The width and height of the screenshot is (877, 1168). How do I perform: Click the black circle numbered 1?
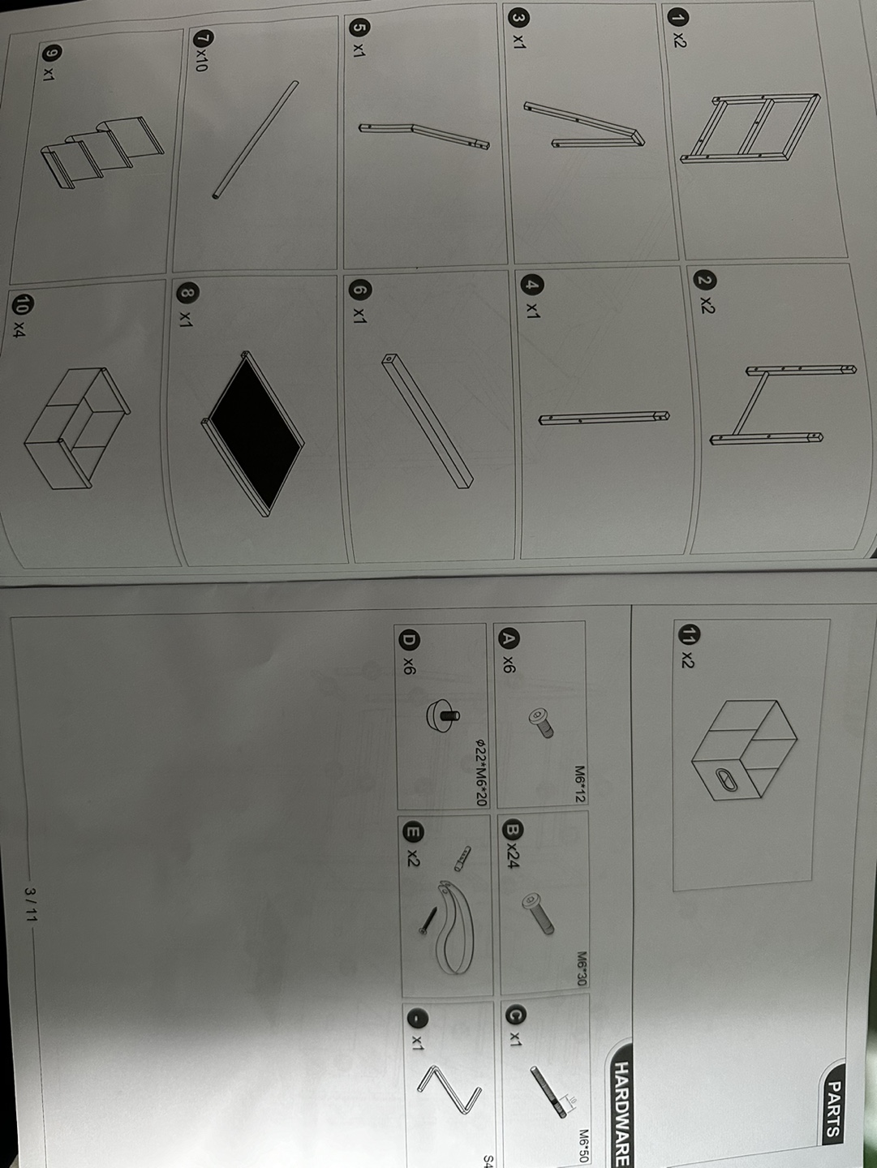pos(678,17)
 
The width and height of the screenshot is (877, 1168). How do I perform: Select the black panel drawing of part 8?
pos(257,435)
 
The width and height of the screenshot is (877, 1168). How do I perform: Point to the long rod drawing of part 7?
pos(256,140)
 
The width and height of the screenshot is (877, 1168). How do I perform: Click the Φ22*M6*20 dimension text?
pos(482,772)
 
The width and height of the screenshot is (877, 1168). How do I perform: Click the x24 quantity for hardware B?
pos(513,856)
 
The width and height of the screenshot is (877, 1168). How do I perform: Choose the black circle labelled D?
pos(409,641)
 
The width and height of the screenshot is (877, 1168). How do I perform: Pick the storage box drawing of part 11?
pos(745,750)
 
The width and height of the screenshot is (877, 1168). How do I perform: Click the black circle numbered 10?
pos(22,304)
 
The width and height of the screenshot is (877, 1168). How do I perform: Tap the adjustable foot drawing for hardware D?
pos(443,714)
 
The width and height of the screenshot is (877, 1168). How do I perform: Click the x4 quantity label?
pos(19,330)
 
